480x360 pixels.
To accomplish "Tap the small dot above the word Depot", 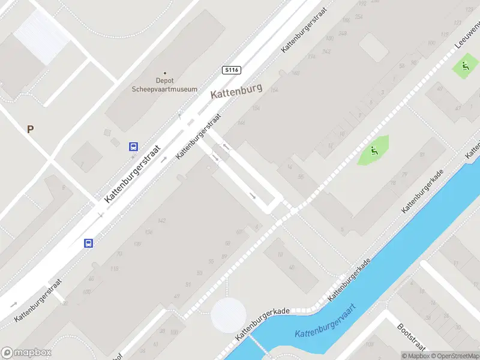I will pyautogui.click(x=165, y=73).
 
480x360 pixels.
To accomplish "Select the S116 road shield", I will pyautogui.click(x=231, y=70).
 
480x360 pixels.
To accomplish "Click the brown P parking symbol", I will pyautogui.click(x=30, y=129).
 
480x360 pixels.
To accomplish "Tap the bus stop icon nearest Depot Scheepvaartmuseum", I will pyautogui.click(x=133, y=146).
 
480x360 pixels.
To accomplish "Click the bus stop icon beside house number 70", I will pyautogui.click(x=88, y=243).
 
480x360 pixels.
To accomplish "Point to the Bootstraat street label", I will pyautogui.click(x=411, y=338).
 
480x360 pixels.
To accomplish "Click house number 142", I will pyautogui.click(x=161, y=221).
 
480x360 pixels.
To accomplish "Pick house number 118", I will pyautogui.click(x=114, y=269).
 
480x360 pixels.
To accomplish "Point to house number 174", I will pyautogui.click(x=311, y=58).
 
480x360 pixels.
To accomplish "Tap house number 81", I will pyautogui.click(x=422, y=155).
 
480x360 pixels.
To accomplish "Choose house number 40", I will pyautogui.click(x=292, y=268).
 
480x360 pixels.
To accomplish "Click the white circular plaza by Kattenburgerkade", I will pyautogui.click(x=229, y=314).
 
